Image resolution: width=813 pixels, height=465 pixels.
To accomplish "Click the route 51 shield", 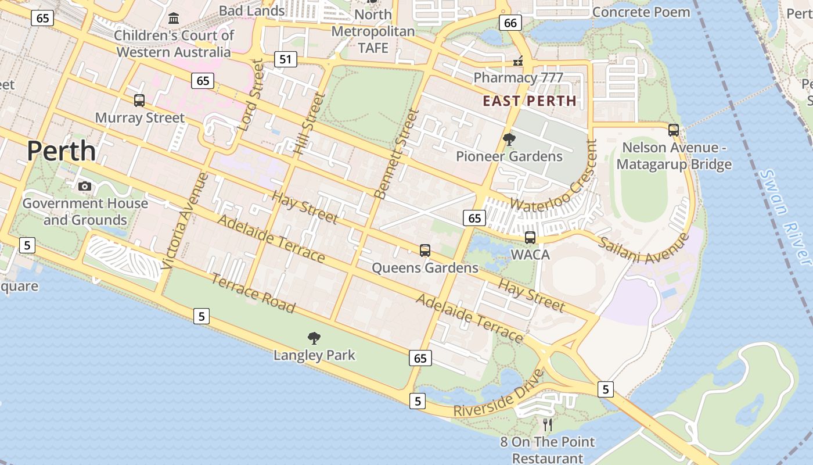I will [285, 59].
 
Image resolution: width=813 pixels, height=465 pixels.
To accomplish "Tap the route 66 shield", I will [510, 23].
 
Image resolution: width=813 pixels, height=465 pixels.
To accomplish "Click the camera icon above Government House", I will [85, 186].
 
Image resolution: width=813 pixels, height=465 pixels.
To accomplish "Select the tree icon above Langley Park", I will [314, 338].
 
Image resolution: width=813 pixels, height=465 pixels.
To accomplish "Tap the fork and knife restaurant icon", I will [547, 425].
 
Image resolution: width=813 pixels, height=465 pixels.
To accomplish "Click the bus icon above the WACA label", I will [530, 237].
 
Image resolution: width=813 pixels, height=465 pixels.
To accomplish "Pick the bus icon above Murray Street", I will [139, 100].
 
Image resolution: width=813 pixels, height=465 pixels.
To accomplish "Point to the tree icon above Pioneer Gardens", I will [509, 139].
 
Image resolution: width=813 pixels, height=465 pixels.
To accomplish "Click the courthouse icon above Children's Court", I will [174, 19].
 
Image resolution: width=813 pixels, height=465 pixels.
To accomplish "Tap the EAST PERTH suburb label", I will [530, 101].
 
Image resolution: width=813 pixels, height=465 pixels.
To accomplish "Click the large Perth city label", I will [61, 151].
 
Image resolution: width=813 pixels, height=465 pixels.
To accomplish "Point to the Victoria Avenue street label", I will [185, 221].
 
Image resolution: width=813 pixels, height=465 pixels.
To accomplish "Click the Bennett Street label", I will [397, 153].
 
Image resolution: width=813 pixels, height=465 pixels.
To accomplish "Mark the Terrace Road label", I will [253, 292].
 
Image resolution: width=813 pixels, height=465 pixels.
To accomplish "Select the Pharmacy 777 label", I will [518, 77].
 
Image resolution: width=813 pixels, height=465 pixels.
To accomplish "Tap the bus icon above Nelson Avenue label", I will [674, 130].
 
